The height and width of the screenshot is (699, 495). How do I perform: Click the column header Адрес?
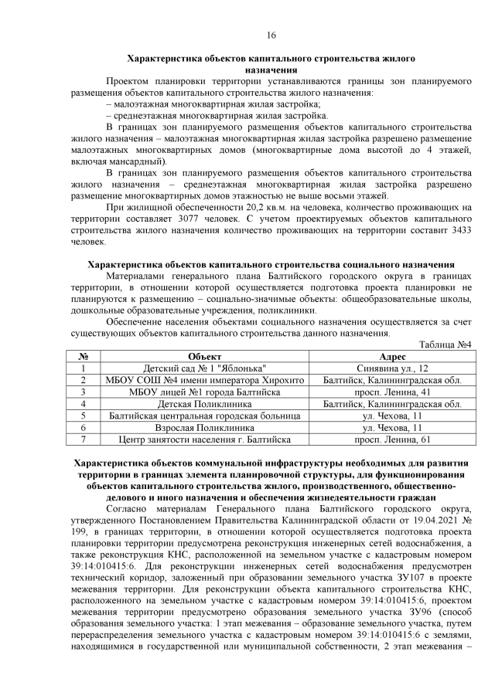coord(392,356)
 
